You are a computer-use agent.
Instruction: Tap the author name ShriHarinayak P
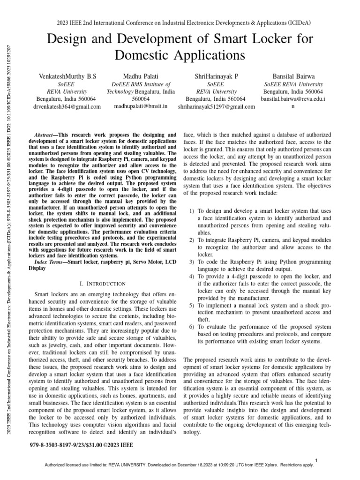coord(216,75)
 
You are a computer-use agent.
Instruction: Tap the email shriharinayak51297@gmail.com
coord(216,107)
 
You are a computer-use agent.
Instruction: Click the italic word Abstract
coord(46,134)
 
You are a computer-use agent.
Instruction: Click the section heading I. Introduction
coord(103,284)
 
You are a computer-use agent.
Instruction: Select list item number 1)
coord(192,211)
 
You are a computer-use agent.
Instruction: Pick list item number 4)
coord(192,277)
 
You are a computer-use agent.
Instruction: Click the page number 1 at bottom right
coord(317,460)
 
